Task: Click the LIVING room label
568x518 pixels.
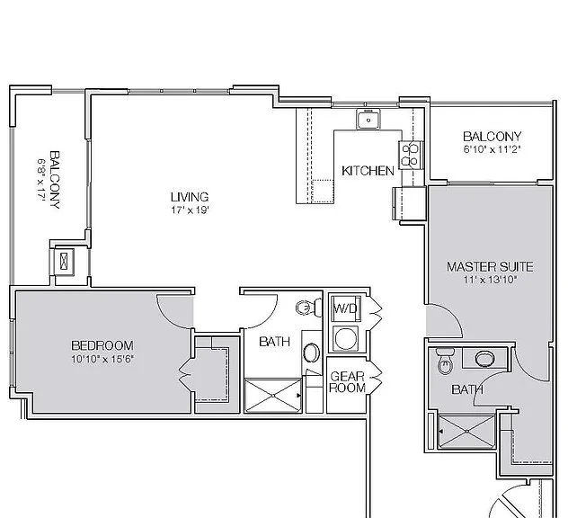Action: point(190,197)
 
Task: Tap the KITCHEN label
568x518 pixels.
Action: point(368,171)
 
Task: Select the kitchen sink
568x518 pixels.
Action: point(368,119)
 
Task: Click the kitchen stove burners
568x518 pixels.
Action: point(410,155)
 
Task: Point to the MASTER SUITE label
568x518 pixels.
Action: point(490,267)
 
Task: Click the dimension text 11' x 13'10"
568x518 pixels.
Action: point(490,280)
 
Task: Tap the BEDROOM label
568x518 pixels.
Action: point(102,345)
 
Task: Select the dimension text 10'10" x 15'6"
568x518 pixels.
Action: point(102,359)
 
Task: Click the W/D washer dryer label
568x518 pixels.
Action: point(345,308)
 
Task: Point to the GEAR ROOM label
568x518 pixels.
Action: point(348,381)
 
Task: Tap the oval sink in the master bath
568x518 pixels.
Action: point(484,359)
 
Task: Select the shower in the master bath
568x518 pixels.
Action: point(466,432)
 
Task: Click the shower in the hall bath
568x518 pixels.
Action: point(273,396)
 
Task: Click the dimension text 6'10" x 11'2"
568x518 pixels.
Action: point(492,149)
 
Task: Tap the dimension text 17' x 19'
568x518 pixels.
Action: point(191,210)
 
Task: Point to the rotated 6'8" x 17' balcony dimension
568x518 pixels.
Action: point(41,180)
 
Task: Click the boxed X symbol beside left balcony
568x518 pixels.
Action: point(64,260)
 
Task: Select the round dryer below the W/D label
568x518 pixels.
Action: point(346,338)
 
